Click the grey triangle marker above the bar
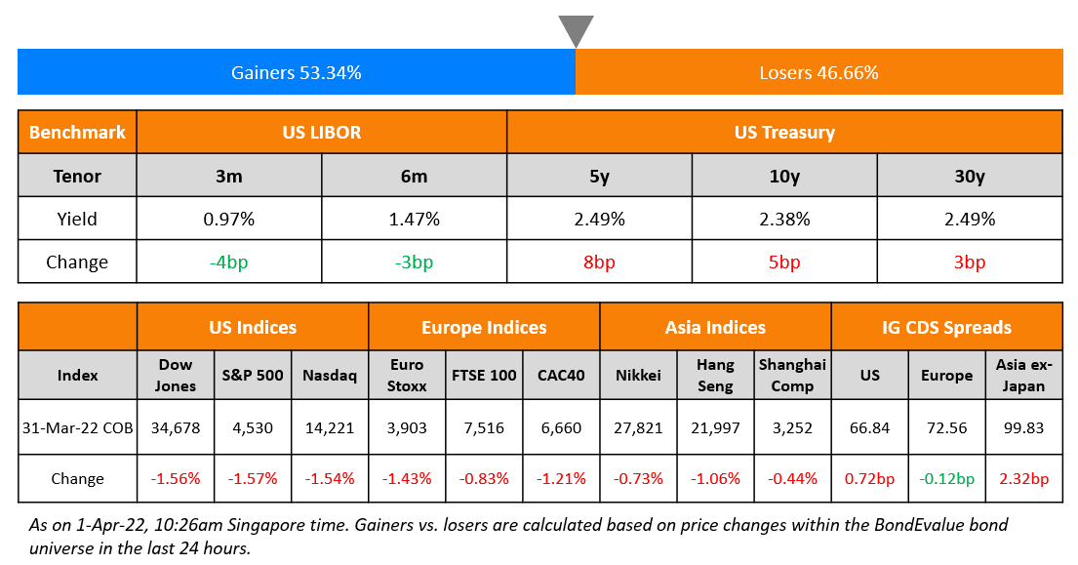[576, 29]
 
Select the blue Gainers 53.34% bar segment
[296, 72]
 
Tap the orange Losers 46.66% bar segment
[818, 72]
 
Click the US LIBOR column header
[321, 132]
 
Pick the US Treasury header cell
[783, 132]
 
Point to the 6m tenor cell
[414, 177]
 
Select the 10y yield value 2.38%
[784, 219]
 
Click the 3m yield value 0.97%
[229, 219]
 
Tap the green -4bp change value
[229, 262]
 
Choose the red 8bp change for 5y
[599, 262]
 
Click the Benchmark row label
[77, 132]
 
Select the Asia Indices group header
[715, 327]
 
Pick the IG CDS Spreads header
[946, 327]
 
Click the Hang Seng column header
[715, 375]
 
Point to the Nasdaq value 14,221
[330, 427]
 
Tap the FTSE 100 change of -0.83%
[484, 478]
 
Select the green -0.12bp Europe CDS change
[946, 478]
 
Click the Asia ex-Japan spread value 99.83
[1023, 427]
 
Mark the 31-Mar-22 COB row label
[77, 427]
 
